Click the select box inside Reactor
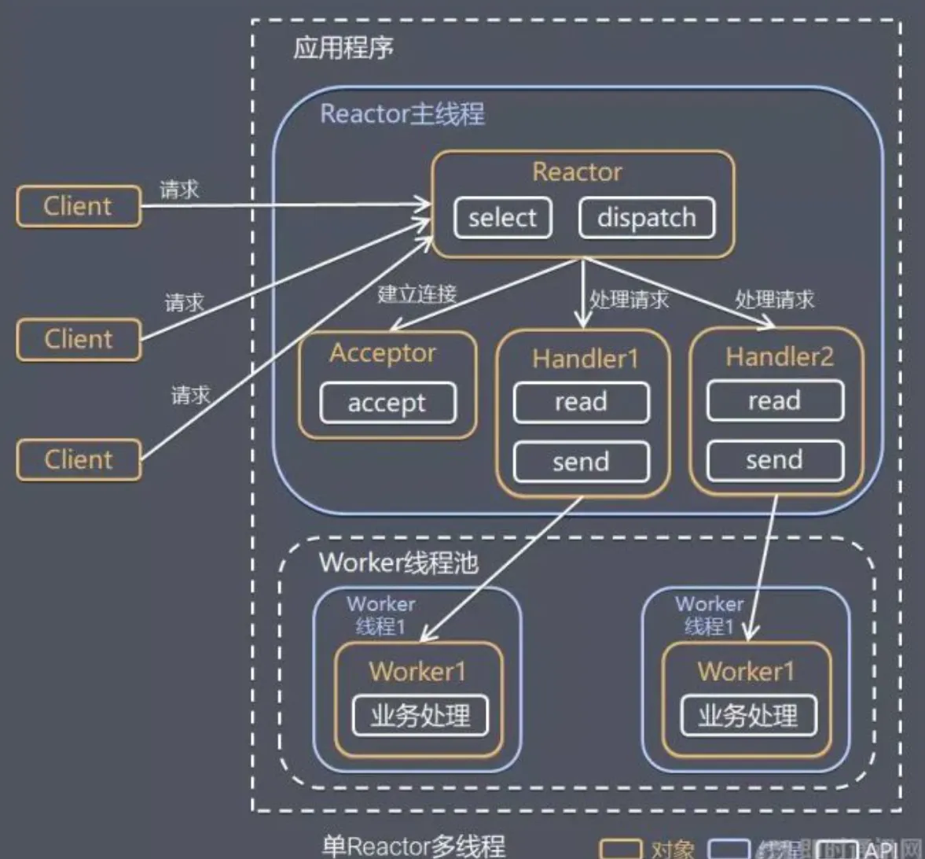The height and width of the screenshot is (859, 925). [x=502, y=218]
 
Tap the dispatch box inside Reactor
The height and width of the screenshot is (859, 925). [x=646, y=218]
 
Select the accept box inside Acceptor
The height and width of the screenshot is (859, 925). [x=387, y=403]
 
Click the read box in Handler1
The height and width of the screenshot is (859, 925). [x=581, y=402]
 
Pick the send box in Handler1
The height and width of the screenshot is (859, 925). [x=581, y=462]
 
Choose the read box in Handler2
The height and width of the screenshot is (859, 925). [x=774, y=400]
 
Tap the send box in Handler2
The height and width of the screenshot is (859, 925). [x=774, y=460]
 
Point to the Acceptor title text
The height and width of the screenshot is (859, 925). [x=382, y=353]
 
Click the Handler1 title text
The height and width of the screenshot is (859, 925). [x=585, y=359]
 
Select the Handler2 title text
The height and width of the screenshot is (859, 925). [x=779, y=357]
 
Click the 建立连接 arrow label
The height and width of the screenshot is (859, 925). [x=417, y=294]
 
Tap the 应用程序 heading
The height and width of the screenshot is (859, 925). [x=343, y=48]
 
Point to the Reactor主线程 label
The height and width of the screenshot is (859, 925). [x=402, y=114]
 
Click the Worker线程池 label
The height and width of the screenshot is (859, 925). [x=398, y=562]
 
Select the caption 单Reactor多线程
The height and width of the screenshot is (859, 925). [x=413, y=846]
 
